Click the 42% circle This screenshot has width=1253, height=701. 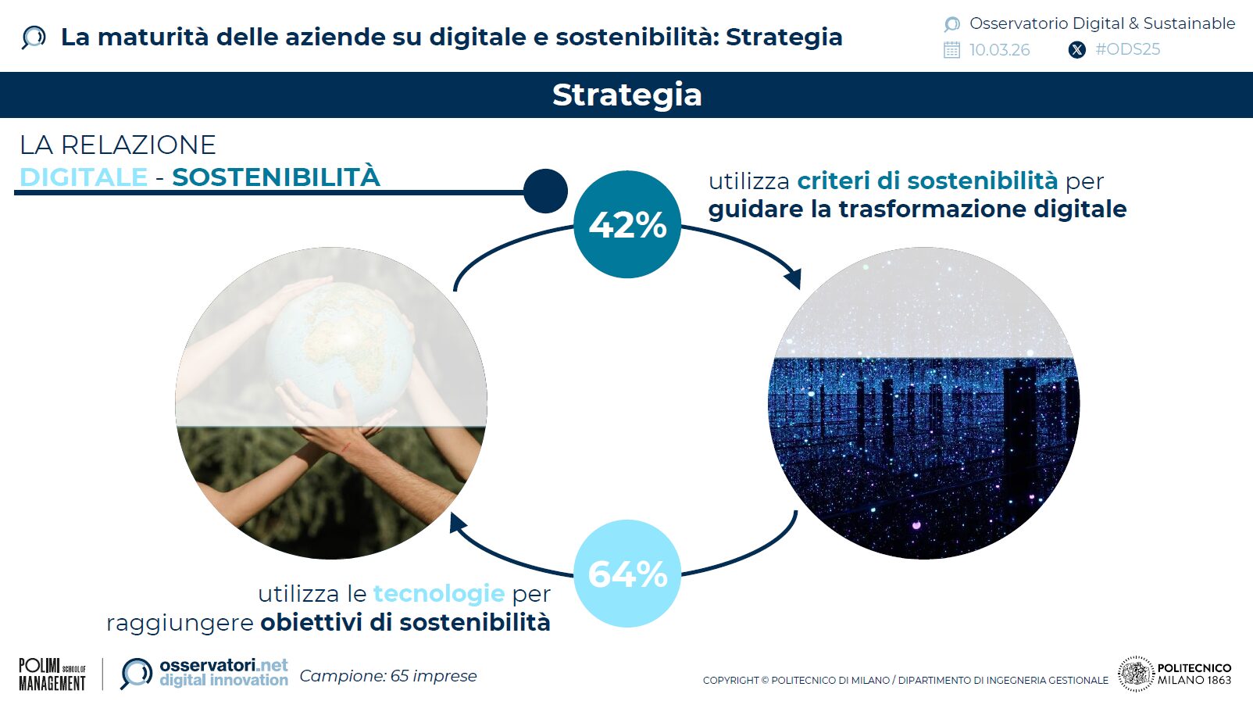(627, 224)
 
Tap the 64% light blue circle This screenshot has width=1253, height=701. (627, 574)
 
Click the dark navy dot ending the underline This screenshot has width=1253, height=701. (545, 191)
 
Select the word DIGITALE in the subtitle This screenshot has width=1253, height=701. (84, 177)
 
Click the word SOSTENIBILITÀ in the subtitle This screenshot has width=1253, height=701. (276, 177)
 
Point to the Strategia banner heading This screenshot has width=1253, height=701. (626, 95)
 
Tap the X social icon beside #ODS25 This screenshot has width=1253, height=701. (1076, 50)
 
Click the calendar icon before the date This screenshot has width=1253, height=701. (951, 50)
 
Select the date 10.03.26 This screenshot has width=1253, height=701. (999, 50)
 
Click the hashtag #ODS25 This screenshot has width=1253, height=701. (1127, 49)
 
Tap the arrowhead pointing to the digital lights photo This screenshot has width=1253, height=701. (794, 277)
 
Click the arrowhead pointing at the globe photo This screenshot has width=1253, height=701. (458, 522)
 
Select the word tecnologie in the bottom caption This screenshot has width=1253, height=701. (439, 593)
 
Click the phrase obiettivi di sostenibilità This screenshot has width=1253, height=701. (405, 623)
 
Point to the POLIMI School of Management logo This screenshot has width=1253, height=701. (52, 674)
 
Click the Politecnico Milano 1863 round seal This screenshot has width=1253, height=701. (1136, 674)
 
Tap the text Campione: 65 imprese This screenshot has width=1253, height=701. (387, 676)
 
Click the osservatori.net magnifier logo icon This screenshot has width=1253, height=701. (137, 673)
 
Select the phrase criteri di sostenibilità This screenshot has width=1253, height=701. (927, 181)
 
